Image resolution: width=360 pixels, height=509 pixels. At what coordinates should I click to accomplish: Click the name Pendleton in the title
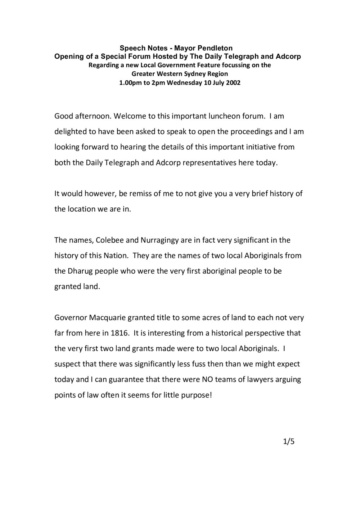point(215,48)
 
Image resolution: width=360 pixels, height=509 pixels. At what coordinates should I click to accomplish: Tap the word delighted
point(70,131)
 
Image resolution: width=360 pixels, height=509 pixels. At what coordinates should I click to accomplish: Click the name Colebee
point(109,240)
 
